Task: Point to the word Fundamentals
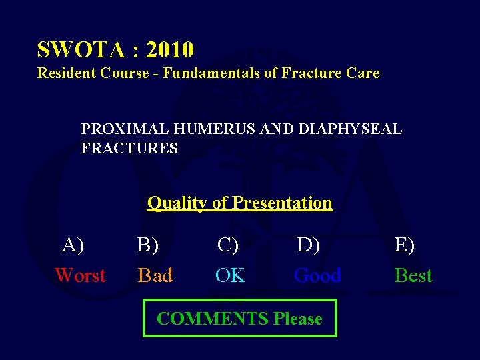coord(211,73)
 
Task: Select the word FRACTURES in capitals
coord(129,148)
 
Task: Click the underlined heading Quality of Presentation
coord(239,203)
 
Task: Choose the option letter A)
coord(73,245)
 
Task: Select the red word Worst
coord(80,275)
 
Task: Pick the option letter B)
coord(148,245)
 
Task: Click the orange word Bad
coord(155,275)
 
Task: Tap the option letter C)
coord(228,245)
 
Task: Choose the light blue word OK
coord(231,275)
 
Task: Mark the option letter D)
coord(309,245)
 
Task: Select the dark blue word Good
coord(318,275)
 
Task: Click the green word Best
coord(413,275)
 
